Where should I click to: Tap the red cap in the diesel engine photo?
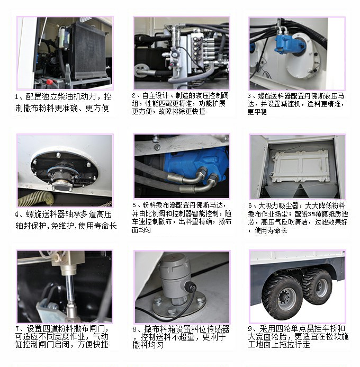point(49,82)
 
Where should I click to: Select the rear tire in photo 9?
point(317,286)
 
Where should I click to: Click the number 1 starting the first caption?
point(17,97)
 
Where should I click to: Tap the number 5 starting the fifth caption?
point(134,205)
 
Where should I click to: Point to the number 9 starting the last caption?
point(250,329)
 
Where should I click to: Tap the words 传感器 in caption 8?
point(218,329)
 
